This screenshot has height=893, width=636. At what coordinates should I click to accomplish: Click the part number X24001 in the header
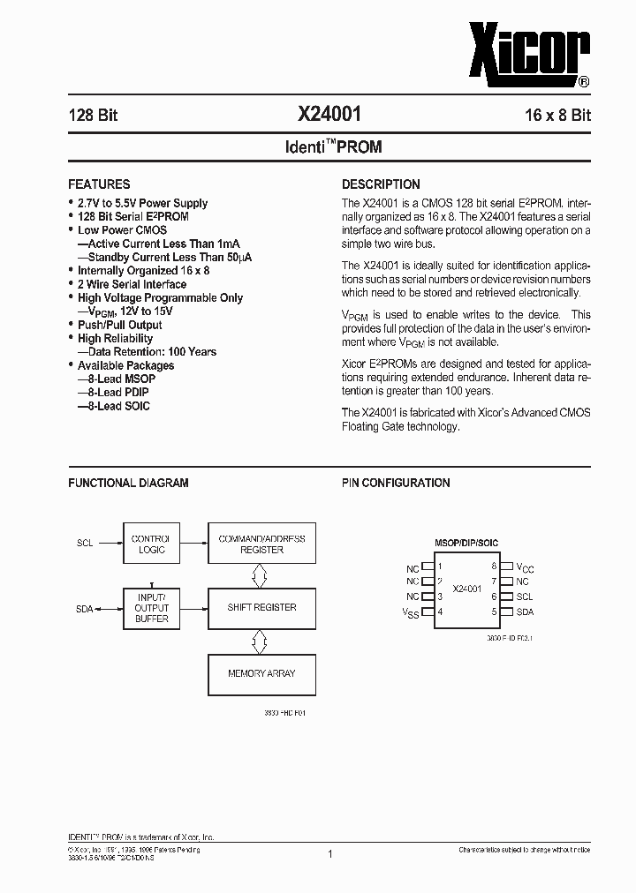click(x=329, y=115)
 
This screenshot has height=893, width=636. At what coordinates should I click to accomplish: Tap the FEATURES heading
click(x=99, y=184)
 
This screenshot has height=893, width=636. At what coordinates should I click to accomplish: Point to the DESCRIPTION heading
click(x=381, y=184)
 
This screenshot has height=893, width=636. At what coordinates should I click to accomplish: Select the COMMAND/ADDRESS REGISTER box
click(x=261, y=544)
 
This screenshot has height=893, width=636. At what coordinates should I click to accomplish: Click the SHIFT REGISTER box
click(x=261, y=607)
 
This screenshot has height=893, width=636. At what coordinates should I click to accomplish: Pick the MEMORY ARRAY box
click(x=261, y=673)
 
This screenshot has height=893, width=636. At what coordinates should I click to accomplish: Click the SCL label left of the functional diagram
click(x=85, y=544)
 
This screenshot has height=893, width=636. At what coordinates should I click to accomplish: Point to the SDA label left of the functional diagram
click(x=85, y=608)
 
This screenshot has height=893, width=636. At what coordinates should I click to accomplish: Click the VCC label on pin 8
click(x=525, y=567)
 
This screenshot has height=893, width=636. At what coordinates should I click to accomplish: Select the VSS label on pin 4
click(x=411, y=613)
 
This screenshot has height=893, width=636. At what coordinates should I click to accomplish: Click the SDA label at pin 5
click(x=525, y=612)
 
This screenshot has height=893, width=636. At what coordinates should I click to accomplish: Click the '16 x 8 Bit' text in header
click(x=556, y=116)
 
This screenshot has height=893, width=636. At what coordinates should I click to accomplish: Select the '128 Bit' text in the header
click(x=93, y=116)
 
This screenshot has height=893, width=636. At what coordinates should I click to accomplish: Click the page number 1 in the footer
click(x=329, y=854)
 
